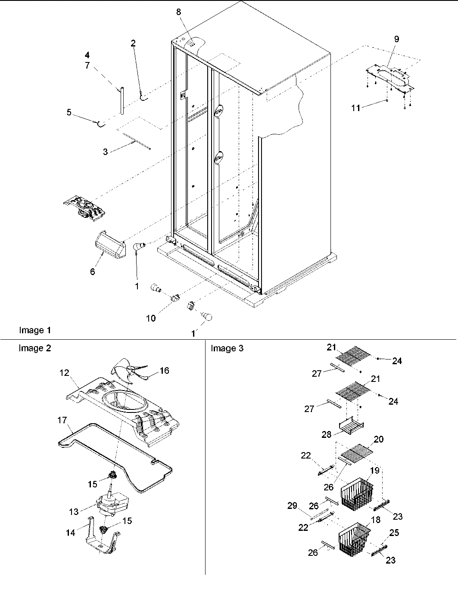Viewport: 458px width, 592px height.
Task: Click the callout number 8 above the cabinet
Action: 178,12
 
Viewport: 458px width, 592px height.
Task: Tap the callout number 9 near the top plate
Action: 396,39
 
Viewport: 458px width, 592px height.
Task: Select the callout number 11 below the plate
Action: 355,108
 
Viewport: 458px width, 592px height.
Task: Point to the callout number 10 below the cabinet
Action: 150,318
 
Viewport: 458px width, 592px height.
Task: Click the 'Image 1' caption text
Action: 35,330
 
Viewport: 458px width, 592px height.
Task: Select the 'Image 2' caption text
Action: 34,348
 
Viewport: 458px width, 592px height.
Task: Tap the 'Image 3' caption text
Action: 227,348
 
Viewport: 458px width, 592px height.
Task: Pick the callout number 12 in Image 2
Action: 64,373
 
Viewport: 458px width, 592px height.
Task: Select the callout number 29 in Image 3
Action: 292,505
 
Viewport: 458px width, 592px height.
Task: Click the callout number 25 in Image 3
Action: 394,533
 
